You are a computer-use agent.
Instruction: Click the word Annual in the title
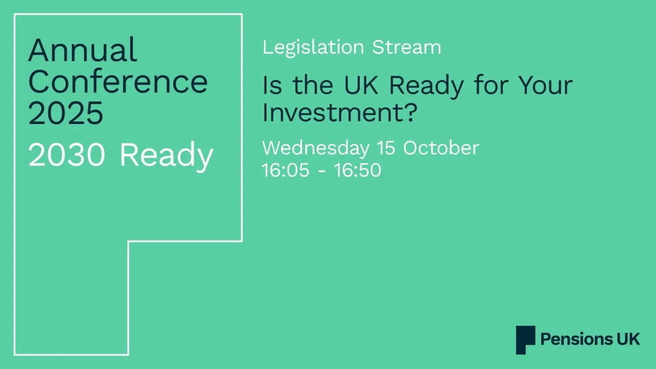pyautogui.click(x=83, y=50)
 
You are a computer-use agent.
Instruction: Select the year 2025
pyautogui.click(x=66, y=113)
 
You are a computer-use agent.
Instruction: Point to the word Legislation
pyautogui.click(x=313, y=47)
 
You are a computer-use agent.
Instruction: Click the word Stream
pyautogui.click(x=406, y=47)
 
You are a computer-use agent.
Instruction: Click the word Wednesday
pyautogui.click(x=315, y=148)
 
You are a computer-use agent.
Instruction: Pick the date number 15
pyautogui.click(x=386, y=148)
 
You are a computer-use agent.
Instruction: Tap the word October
pyautogui.click(x=441, y=148)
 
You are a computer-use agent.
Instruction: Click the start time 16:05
pyautogui.click(x=285, y=170)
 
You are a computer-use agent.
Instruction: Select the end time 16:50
pyautogui.click(x=357, y=170)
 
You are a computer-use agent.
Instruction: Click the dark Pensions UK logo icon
pyautogui.click(x=525, y=340)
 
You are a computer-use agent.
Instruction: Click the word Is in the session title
pyautogui.click(x=271, y=86)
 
